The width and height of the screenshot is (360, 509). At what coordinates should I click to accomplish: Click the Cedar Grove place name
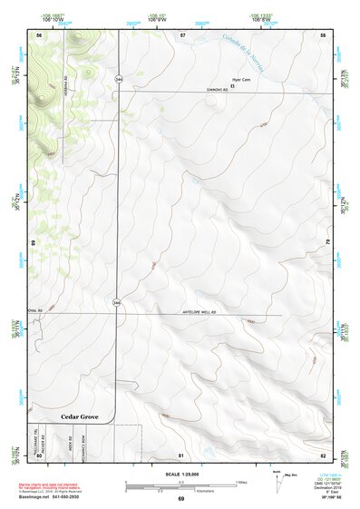[x=79, y=416]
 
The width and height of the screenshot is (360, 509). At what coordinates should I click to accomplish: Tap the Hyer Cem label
[x=241, y=79]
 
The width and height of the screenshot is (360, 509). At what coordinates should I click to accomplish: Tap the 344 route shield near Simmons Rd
[x=119, y=81]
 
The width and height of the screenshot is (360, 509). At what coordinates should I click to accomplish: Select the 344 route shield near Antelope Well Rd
[x=116, y=300]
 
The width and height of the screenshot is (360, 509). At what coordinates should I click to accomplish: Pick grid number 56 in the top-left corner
[x=39, y=34]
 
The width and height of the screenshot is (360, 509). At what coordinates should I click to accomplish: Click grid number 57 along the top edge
[x=182, y=34]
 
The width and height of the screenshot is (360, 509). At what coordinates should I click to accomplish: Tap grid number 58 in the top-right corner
[x=324, y=34]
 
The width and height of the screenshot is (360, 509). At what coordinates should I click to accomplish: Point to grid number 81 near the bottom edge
[x=181, y=454]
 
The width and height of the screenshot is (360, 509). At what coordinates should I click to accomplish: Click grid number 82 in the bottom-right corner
[x=323, y=454]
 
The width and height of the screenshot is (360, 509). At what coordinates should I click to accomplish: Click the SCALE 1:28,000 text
[x=180, y=475]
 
